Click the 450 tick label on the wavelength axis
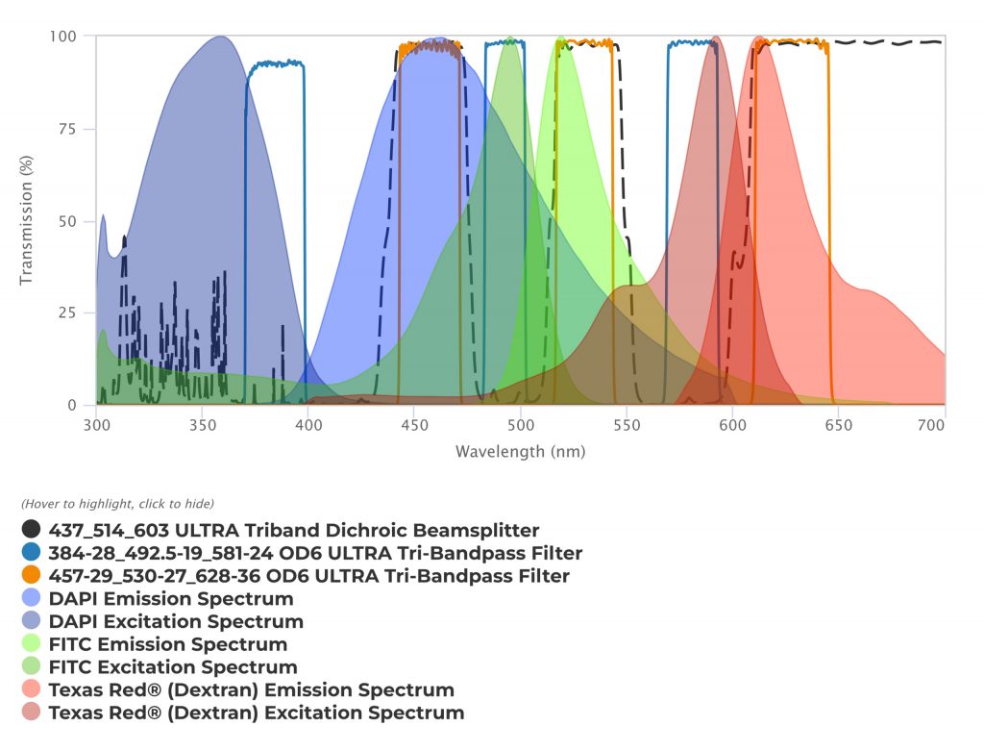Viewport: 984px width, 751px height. [413, 424]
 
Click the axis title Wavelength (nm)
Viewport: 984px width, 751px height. [520, 451]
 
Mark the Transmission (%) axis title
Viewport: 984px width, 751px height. [27, 220]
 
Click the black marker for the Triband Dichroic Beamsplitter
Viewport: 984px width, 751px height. [32, 530]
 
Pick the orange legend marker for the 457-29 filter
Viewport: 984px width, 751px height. [32, 576]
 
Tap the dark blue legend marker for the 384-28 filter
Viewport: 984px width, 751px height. [32, 553]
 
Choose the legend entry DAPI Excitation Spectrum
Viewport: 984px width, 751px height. [176, 622]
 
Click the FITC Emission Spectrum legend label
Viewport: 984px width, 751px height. [168, 644]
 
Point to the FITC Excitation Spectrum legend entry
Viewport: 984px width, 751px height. [173, 667]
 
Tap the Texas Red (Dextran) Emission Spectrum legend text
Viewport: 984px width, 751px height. [251, 690]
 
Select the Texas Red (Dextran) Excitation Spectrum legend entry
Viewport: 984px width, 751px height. [257, 713]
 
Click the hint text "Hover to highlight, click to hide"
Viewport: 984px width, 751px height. [117, 504]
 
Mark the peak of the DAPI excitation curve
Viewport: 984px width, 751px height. [221, 37]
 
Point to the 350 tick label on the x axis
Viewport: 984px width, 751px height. [201, 424]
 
